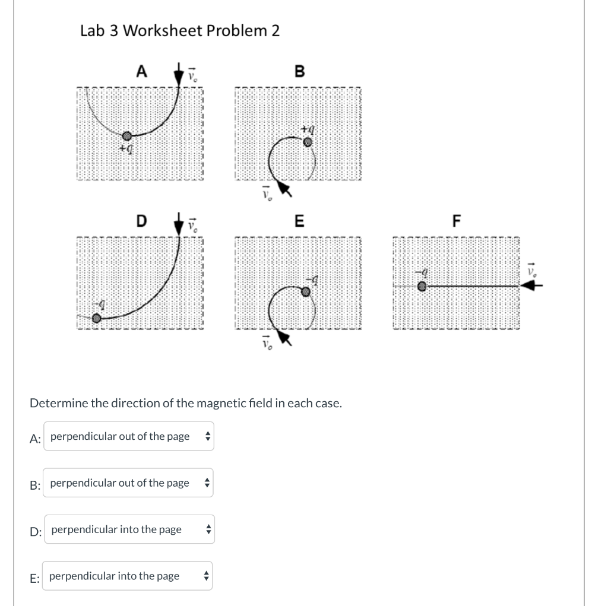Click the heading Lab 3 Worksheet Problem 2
click(x=179, y=31)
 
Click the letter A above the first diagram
click(x=141, y=72)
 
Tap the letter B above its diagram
click(x=299, y=72)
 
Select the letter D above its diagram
click(x=141, y=221)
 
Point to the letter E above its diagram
click(x=299, y=221)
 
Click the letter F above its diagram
click(x=456, y=221)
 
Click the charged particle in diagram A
click(x=126, y=137)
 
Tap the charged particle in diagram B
click(x=307, y=142)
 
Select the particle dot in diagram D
click(x=97, y=318)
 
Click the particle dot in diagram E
click(x=305, y=291)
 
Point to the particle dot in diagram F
click(x=422, y=286)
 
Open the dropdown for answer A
click(x=128, y=436)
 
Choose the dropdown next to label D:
click(x=129, y=529)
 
